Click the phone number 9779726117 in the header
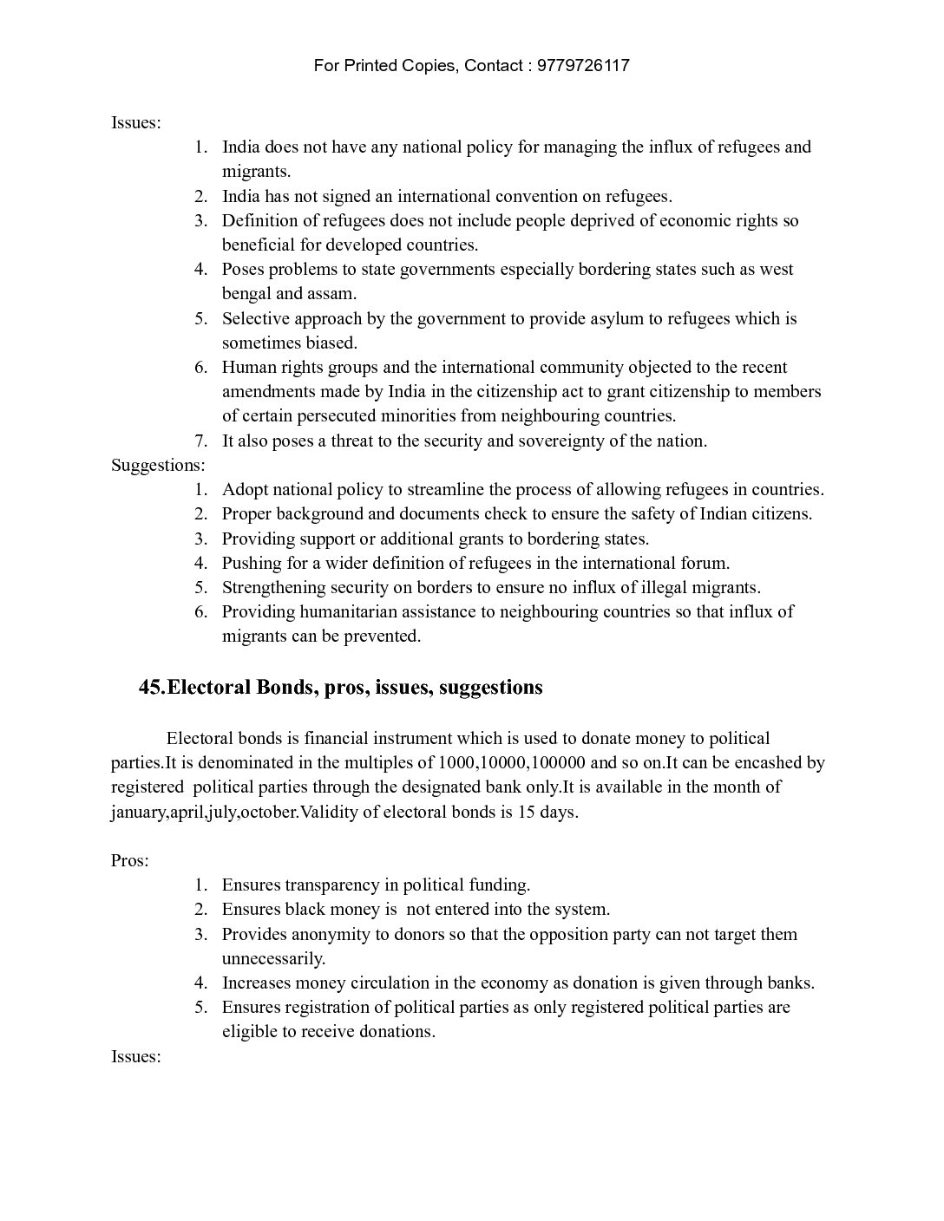[583, 66]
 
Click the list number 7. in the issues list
[200, 441]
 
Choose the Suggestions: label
[158, 465]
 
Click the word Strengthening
[273, 587]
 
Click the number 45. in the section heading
[152, 688]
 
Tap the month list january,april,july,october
[204, 813]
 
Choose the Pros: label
[130, 860]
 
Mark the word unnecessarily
[273, 959]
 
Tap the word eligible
[249, 1032]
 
